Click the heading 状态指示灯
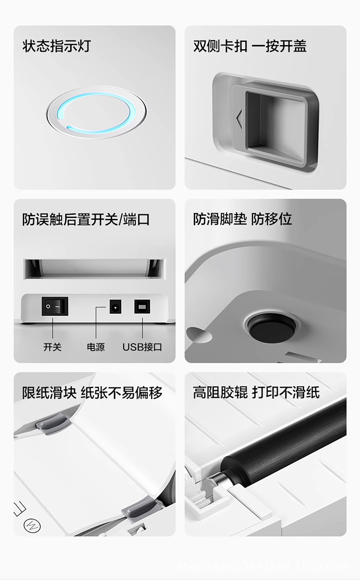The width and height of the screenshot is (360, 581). (56, 46)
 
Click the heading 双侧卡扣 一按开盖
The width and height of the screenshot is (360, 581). (250, 46)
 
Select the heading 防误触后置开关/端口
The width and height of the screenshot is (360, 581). (86, 219)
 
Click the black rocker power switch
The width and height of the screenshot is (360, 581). (54, 306)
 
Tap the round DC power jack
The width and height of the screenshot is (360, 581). (115, 307)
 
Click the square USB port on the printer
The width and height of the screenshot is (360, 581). (142, 307)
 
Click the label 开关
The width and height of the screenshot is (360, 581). (52, 347)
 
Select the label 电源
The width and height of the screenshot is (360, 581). (96, 347)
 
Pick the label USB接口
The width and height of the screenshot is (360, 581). (142, 347)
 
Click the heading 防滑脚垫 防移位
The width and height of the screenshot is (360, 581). (242, 219)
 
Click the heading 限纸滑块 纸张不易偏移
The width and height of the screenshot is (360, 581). (92, 393)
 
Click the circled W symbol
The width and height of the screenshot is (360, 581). (32, 527)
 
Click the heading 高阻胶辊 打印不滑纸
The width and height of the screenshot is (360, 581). (256, 393)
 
